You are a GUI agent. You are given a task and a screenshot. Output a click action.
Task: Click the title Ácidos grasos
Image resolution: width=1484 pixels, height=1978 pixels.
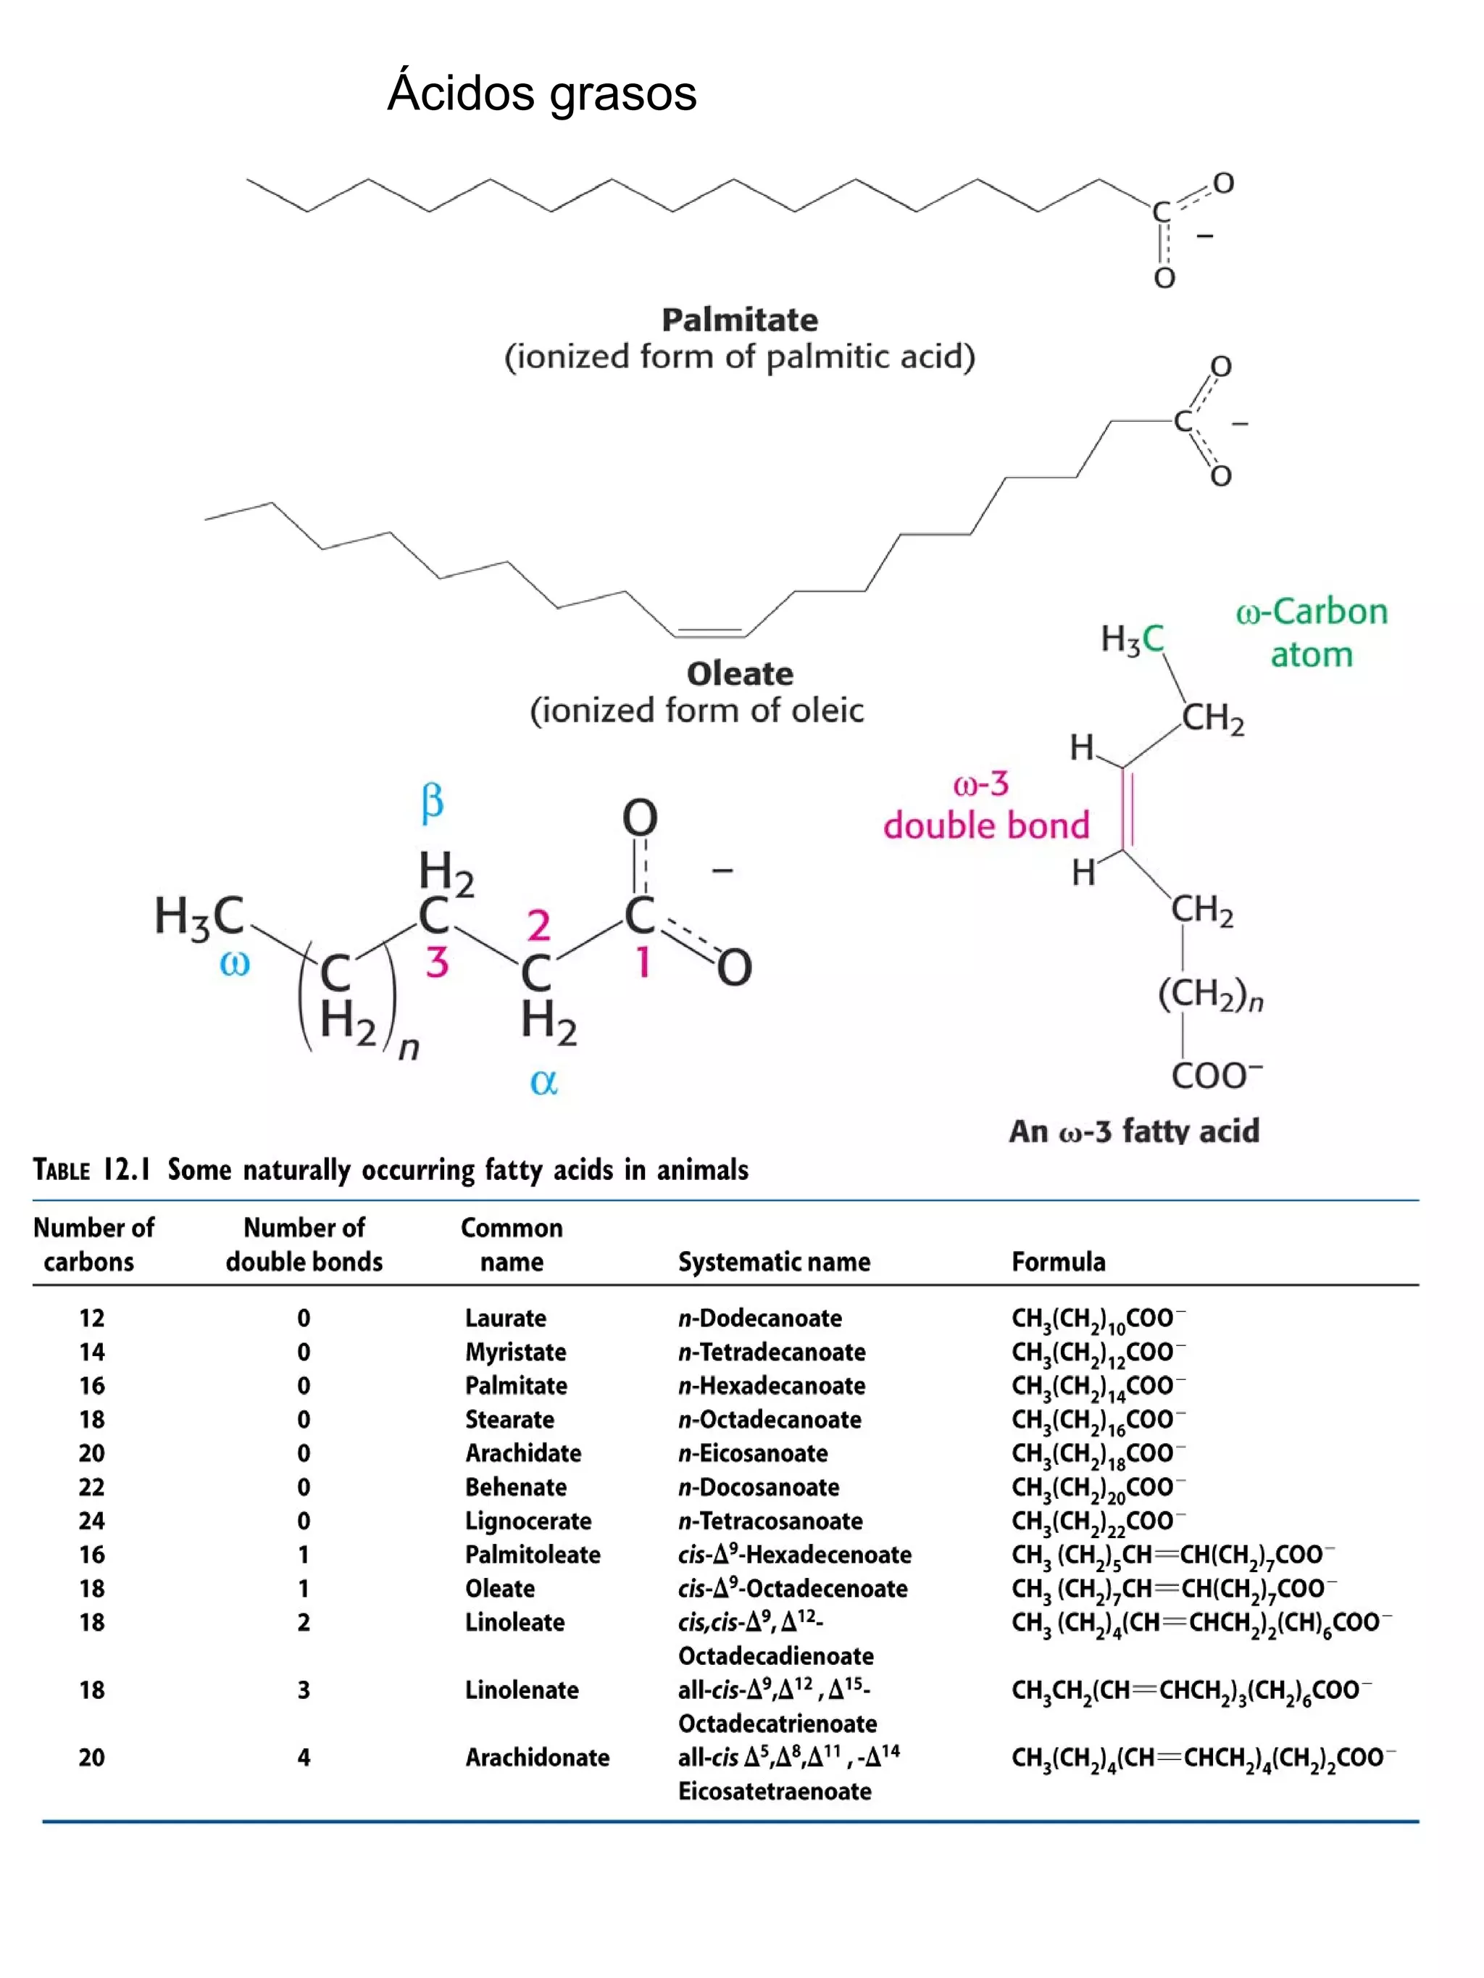542,93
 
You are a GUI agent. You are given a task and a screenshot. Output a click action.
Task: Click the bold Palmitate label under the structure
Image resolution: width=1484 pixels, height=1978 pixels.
739,319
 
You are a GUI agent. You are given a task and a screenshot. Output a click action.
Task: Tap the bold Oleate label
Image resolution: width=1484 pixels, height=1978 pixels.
739,673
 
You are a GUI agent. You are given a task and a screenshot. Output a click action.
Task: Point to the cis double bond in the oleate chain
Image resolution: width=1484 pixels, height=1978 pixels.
711,631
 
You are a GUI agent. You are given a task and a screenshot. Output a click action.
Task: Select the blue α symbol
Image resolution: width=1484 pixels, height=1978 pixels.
543,1082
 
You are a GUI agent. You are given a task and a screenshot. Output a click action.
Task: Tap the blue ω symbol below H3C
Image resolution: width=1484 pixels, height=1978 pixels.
234,964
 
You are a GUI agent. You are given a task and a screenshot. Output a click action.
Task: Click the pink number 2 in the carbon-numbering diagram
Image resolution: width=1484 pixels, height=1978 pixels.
538,926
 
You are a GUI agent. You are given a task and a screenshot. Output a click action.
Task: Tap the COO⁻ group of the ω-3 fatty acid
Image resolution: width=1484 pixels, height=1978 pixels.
1216,1075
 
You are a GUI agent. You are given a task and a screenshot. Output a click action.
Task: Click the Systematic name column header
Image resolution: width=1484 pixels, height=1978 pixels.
773,1262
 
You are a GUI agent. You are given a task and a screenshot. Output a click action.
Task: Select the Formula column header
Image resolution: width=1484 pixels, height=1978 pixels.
1058,1262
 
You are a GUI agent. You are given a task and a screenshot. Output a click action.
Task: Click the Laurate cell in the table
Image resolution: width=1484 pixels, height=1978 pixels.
505,1318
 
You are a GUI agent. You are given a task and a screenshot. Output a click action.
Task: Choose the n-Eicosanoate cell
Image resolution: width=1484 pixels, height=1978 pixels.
752,1453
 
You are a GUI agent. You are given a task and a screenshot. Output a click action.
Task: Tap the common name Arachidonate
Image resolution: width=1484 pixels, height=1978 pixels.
536,1757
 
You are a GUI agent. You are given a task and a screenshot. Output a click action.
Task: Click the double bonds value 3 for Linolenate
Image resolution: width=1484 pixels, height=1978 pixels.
304,1690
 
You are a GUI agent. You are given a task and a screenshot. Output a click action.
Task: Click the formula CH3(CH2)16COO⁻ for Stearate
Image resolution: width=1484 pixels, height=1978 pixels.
1098,1420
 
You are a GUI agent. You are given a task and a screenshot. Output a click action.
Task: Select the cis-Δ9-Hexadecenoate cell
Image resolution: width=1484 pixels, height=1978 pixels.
794,1555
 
